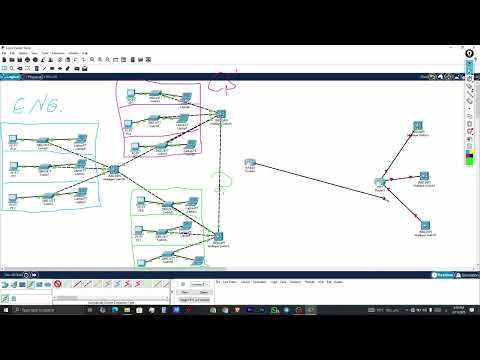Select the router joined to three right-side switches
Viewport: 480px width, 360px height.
[380, 183]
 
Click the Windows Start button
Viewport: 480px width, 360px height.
[5, 311]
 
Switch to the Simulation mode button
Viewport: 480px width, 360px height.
[467, 274]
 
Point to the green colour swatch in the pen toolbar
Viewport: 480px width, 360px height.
[470, 158]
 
